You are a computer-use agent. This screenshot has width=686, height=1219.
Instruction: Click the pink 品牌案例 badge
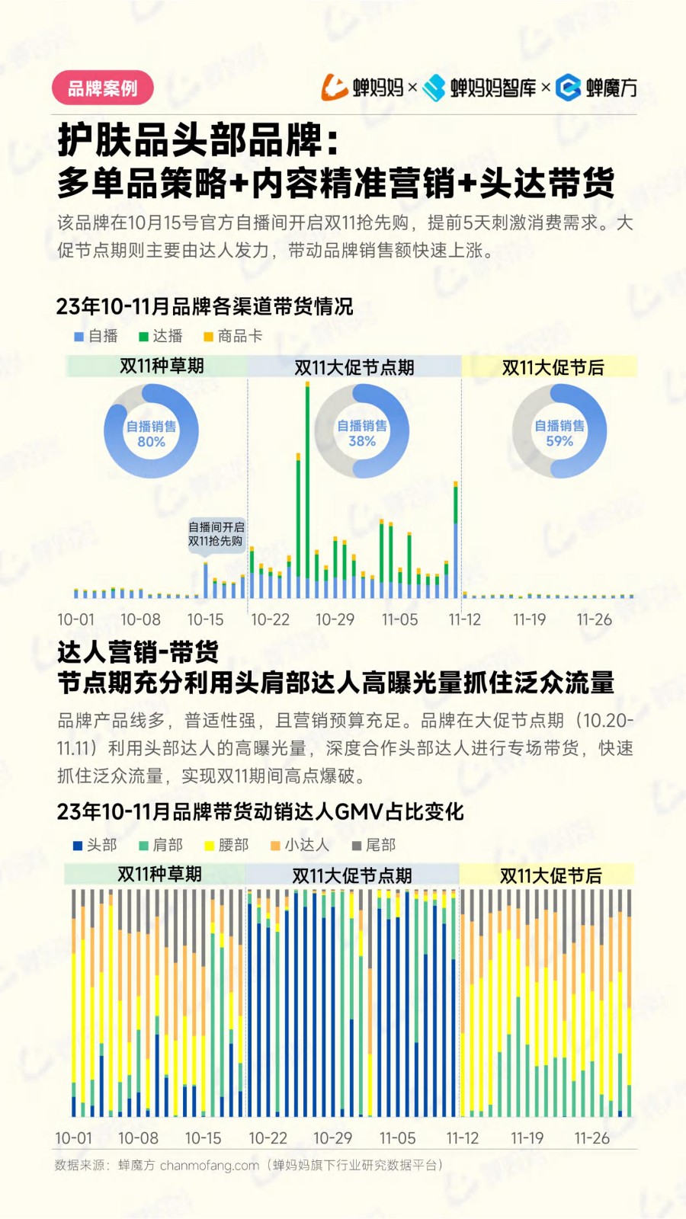(103, 88)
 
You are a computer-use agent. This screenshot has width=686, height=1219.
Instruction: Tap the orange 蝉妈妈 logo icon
(335, 88)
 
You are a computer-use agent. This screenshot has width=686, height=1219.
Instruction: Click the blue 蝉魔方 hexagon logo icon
(568, 88)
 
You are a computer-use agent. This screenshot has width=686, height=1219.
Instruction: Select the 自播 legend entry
(96, 336)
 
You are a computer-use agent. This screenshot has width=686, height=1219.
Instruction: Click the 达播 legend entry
(161, 336)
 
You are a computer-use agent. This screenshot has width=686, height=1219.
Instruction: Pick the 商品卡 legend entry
(232, 336)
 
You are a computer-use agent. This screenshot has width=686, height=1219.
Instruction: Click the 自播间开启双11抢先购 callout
(216, 534)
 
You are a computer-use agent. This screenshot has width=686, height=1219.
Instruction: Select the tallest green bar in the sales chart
(307, 480)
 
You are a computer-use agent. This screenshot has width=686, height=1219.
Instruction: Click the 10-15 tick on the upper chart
(206, 619)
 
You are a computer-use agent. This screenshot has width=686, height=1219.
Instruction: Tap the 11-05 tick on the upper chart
(400, 619)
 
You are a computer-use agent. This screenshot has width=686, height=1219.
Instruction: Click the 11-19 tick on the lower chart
(527, 1138)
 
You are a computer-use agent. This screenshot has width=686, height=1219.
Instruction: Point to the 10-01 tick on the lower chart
(73, 1138)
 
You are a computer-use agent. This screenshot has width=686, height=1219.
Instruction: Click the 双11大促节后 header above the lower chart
(550, 875)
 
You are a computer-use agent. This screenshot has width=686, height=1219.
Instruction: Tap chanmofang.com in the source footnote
(210, 1165)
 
